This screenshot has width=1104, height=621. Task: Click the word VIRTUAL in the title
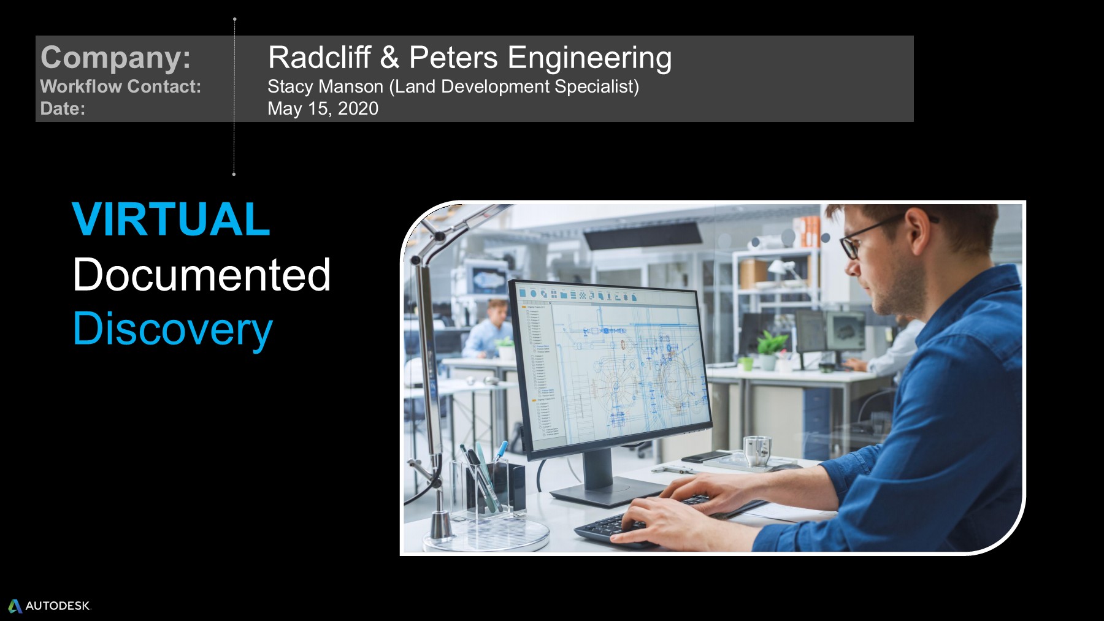point(171,219)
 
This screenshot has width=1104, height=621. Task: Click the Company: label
point(115,58)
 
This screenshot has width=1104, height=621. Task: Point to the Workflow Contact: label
point(120,86)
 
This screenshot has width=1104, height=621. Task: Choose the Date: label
point(63,109)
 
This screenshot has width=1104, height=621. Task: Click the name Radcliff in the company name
point(319,57)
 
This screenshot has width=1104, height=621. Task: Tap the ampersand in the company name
point(389,57)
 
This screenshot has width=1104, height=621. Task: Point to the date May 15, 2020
point(323,109)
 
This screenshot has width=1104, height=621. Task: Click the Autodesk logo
point(49,606)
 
